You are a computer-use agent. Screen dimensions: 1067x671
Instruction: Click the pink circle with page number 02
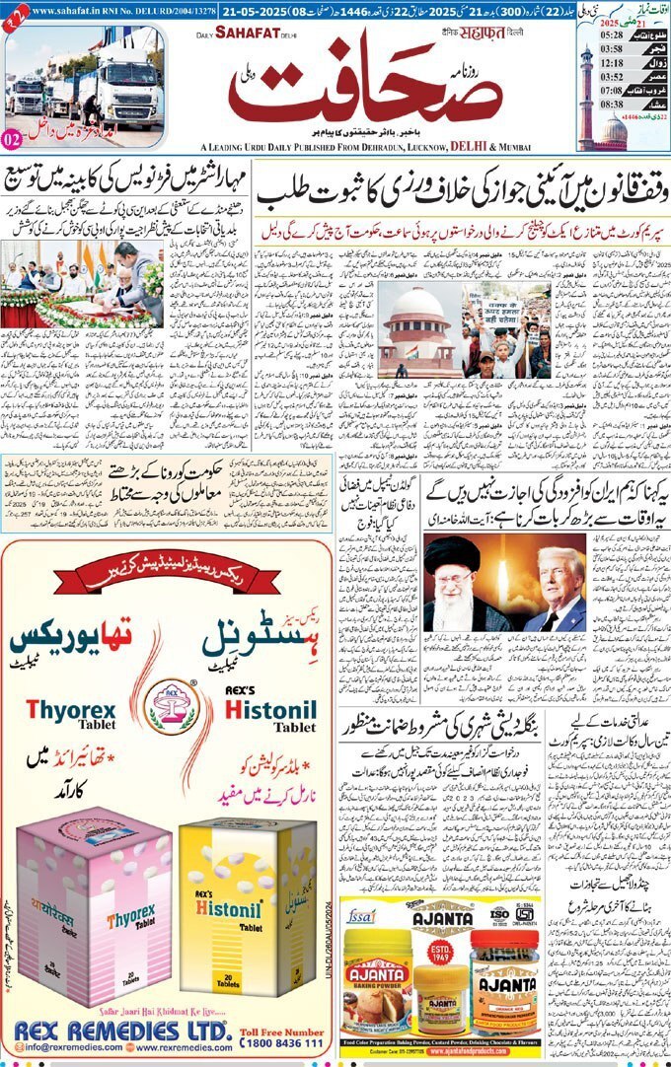pos(13,140)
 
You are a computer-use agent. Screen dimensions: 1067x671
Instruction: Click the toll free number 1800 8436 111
pos(281,1041)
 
